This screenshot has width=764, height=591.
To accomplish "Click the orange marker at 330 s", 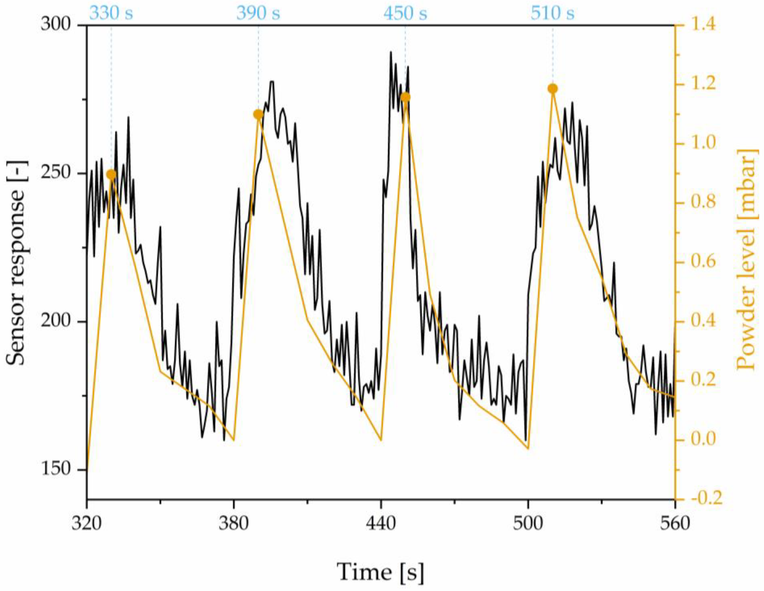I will click(111, 174).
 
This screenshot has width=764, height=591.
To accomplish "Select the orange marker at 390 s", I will click(258, 114).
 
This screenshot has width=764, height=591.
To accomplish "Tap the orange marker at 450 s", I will click(405, 97).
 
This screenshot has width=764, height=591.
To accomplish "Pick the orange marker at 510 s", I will click(553, 89).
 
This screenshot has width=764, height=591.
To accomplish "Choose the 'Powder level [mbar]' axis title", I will click(749, 259).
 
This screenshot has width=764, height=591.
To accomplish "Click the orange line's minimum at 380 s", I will click(234, 440).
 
